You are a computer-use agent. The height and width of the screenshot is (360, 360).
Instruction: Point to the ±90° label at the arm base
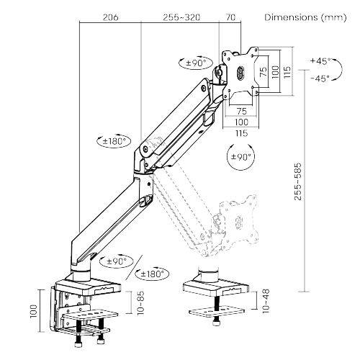tap(114, 261)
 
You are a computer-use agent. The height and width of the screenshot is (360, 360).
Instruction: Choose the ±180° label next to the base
tap(152, 274)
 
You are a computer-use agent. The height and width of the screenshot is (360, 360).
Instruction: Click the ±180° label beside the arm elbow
tap(112, 141)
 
